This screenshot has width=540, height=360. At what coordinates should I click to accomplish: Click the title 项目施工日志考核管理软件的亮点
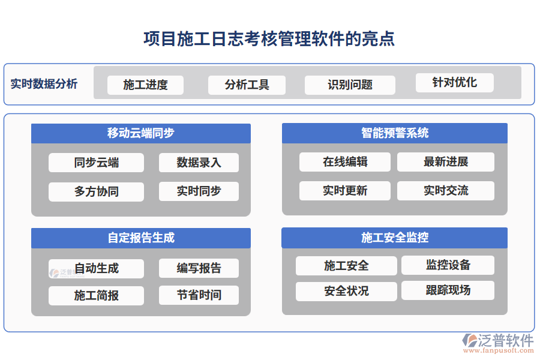click(269, 39)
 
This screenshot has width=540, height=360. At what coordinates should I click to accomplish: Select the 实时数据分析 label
click(44, 83)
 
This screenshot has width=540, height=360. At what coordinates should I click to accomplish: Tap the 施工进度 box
click(145, 85)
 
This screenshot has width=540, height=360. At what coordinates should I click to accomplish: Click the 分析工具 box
click(247, 85)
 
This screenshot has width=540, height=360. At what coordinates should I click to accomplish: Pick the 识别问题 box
click(350, 85)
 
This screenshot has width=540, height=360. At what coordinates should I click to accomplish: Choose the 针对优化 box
click(454, 82)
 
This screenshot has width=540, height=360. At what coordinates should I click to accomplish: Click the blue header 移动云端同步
click(141, 133)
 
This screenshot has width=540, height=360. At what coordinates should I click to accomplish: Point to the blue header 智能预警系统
click(394, 133)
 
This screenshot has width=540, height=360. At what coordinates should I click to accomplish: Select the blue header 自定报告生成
click(141, 238)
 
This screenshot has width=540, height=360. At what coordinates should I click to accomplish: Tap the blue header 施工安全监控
click(394, 238)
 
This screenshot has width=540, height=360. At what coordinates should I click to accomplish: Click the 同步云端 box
click(96, 163)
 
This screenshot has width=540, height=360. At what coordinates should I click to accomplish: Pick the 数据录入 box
click(199, 163)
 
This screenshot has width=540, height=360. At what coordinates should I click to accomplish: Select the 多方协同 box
click(96, 191)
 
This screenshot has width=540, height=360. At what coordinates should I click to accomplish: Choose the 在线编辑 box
click(344, 161)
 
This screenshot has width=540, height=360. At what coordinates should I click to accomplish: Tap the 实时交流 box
click(445, 191)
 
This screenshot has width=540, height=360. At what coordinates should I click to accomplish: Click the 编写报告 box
click(199, 268)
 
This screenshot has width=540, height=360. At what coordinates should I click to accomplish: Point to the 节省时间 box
click(199, 295)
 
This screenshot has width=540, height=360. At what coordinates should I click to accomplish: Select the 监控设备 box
click(448, 265)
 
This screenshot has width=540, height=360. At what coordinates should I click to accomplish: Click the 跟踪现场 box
click(448, 290)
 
